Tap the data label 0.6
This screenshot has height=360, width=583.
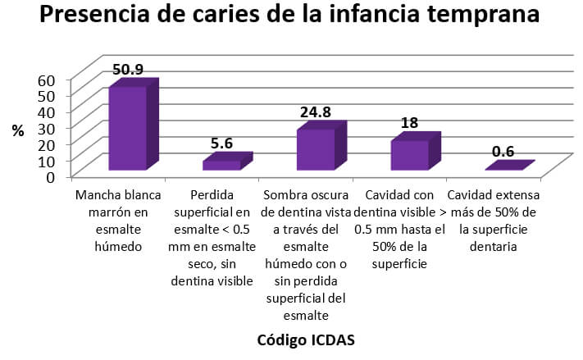coord(503,151)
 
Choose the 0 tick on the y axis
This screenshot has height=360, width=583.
coord(50,175)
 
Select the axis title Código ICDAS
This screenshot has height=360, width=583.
coord(306,339)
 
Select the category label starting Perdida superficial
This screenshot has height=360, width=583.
coord(212,239)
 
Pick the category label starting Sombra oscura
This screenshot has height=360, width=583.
coord(306,255)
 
